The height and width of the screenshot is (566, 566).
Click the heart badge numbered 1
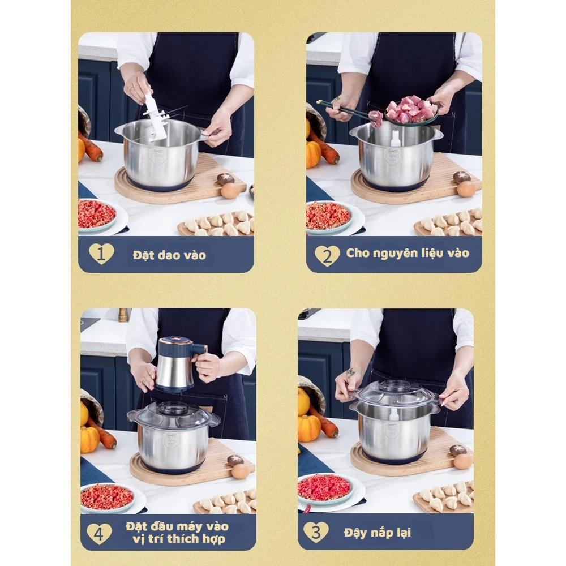click(101, 254)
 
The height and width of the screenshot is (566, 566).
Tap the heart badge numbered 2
click(327, 256)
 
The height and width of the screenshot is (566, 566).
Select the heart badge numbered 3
click(316, 532)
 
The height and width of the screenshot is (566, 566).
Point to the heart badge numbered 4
click(99, 534)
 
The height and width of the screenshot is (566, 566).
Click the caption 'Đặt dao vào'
click(169, 255)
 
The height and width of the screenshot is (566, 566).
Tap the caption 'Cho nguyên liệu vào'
click(408, 253)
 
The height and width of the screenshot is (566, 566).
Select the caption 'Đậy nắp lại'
click(377, 533)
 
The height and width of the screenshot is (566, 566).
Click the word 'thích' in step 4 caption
click(184, 539)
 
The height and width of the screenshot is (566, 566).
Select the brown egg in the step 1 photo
click(230, 190)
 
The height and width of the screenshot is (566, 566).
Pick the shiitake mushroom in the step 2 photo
click(462, 177)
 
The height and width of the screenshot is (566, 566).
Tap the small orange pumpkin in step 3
click(309, 428)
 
